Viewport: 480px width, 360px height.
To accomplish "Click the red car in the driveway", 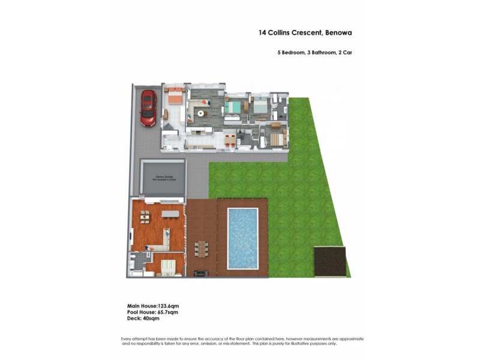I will (x=148, y=109).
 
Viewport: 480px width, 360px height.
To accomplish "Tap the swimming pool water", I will (x=243, y=238).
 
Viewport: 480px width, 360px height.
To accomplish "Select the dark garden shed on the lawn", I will (x=331, y=262).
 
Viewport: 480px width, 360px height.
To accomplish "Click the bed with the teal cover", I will (x=234, y=107).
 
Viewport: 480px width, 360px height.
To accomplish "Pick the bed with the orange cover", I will (x=174, y=95).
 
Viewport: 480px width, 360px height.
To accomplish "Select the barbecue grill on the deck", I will (x=200, y=274).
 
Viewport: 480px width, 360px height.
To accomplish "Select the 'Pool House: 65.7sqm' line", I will (x=152, y=313).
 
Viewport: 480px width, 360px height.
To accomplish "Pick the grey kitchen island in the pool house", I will (x=170, y=213).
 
